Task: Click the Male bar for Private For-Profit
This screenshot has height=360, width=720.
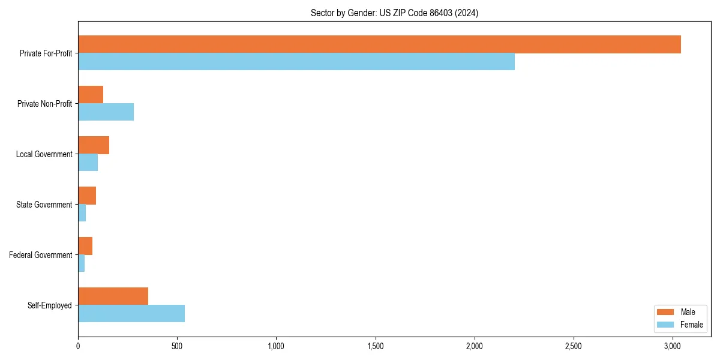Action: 379,44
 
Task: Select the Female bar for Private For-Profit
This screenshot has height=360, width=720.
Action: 296,61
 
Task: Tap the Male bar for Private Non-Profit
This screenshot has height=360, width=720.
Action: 91,95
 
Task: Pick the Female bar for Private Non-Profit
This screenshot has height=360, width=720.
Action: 106,112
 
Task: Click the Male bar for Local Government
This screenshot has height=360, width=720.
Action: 94,145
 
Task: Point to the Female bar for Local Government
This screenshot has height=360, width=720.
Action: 88,162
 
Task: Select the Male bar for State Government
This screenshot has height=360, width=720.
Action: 87,196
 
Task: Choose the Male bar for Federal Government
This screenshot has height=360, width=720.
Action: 85,246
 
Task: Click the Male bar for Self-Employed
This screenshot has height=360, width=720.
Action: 113,296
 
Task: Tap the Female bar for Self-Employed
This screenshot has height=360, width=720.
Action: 131,313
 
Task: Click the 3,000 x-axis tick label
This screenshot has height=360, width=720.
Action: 673,346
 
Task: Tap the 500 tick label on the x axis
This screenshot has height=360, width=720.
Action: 177,346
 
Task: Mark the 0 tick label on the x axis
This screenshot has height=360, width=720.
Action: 78,346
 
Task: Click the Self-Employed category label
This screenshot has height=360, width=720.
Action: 50,305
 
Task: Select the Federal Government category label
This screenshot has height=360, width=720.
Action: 41,255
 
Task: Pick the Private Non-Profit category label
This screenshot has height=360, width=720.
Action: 44,104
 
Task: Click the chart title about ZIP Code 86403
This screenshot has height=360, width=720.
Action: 394,13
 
